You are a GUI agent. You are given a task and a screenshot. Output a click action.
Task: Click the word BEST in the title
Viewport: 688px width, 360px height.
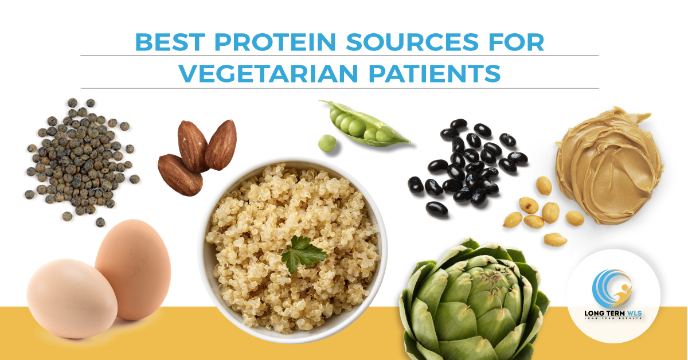pyautogui.click(x=164, y=42)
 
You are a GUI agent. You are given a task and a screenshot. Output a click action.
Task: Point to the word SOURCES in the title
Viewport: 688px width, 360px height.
pyautogui.click(x=393, y=42)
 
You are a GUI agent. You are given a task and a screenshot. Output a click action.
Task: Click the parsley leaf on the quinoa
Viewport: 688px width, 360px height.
pyautogui.click(x=302, y=253)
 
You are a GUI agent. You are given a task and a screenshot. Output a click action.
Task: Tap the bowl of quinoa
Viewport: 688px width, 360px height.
pyautogui.click(x=292, y=252)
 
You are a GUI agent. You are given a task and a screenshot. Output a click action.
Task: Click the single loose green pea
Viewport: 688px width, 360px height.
pyautogui.click(x=327, y=143)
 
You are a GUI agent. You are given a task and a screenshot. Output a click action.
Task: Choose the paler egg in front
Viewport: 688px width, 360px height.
pyautogui.click(x=72, y=298)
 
